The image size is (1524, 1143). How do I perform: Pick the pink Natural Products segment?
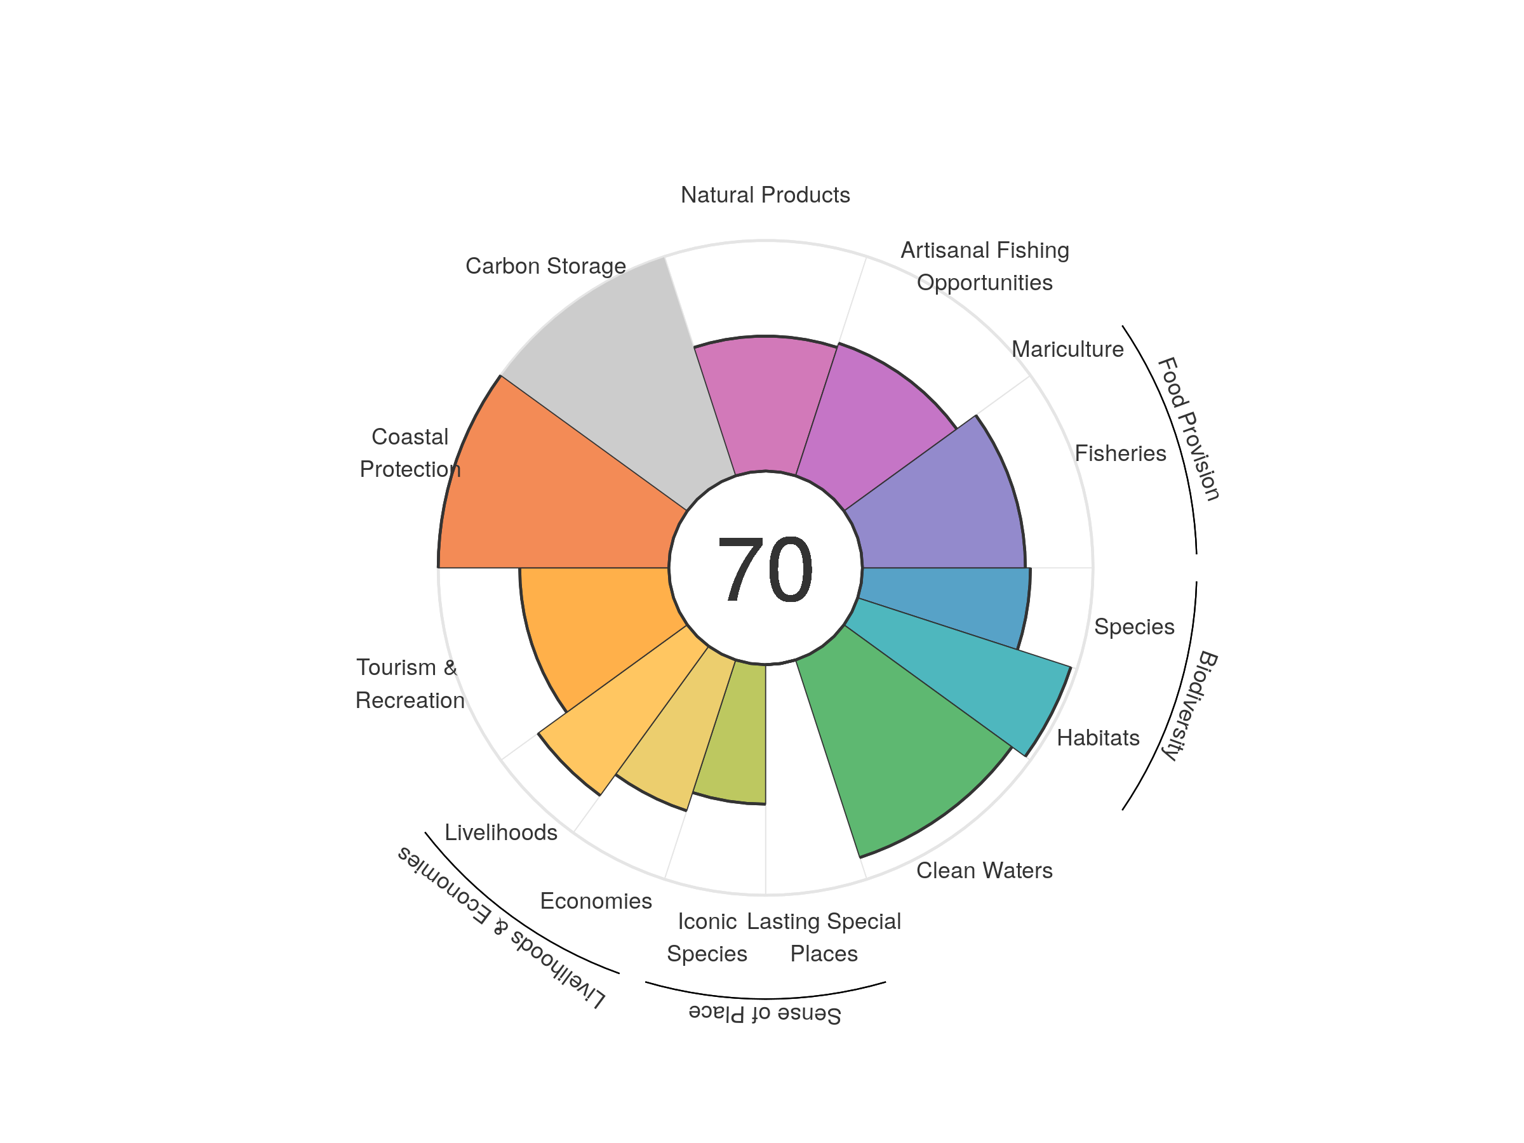click(x=765, y=406)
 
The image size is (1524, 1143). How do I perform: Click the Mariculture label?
click(x=1067, y=349)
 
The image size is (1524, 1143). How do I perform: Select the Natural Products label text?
click(x=765, y=195)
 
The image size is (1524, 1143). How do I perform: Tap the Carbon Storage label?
click(x=545, y=266)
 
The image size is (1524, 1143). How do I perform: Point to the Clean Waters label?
click(x=984, y=871)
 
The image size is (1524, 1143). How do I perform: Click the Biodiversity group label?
click(x=1189, y=705)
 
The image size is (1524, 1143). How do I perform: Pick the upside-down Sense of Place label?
click(x=765, y=1013)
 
